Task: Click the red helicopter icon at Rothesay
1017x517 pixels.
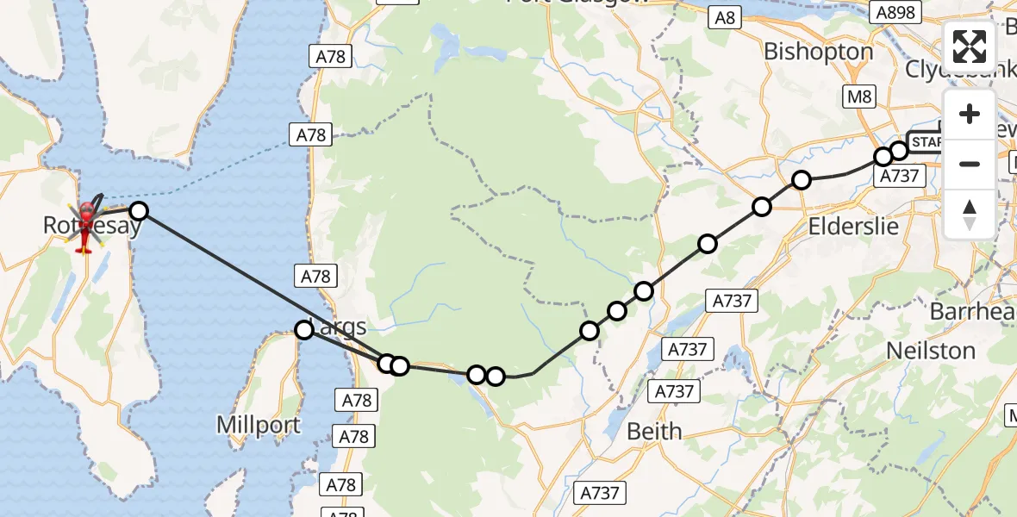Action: point(87,226)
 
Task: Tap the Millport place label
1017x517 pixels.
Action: point(259,425)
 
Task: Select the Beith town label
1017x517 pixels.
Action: point(654,431)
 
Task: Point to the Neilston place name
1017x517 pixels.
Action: point(931,351)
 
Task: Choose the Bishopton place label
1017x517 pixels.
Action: point(818,52)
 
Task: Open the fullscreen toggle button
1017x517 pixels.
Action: point(970,47)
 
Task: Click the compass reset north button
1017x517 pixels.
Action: point(970,214)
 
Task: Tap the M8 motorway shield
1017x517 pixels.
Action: point(859,97)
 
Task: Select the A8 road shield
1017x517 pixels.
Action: point(726,16)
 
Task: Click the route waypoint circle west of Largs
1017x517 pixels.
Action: point(303,329)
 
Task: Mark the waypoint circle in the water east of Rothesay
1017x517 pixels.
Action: point(138,210)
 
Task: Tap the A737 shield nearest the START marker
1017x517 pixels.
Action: point(899,176)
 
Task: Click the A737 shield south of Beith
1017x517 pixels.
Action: point(599,493)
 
